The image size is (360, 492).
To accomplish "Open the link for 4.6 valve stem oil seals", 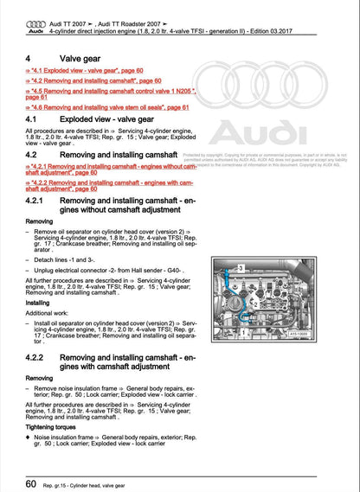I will (108, 107).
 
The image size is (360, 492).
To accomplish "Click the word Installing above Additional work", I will (37, 304).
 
